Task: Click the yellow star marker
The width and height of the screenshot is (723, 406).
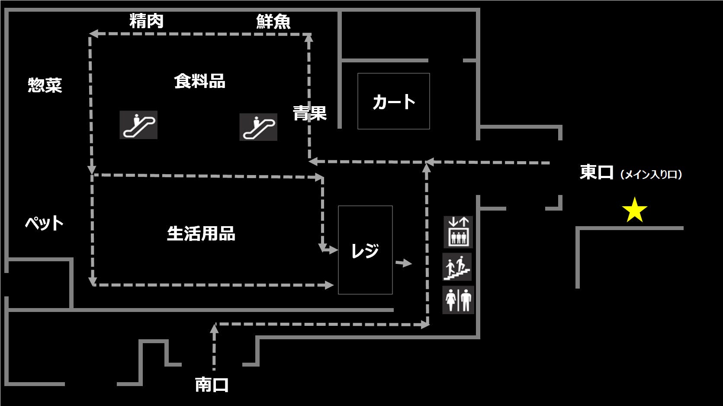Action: coord(634,210)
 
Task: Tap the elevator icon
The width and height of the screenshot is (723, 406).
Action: coord(458,232)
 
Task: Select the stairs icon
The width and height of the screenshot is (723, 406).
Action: coord(457,267)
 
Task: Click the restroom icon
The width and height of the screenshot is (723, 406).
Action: coord(458,300)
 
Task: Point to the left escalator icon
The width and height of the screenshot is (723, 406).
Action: coord(138,125)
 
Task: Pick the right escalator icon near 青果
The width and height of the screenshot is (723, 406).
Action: coord(258,127)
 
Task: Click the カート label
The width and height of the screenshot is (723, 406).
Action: coord(394,102)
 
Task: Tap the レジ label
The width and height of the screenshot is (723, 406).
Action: coord(365,250)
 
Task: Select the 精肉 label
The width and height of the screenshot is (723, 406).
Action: coord(146,21)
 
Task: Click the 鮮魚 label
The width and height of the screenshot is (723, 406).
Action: coord(273,21)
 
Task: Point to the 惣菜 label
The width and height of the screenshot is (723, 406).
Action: coord(45,85)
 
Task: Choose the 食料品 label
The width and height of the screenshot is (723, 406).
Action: coord(199,81)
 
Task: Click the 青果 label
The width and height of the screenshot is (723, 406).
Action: coord(309,113)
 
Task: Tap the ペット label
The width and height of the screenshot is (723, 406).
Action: coord(44,223)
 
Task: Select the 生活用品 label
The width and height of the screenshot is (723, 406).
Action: coord(201,234)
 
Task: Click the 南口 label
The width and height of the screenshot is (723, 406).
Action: coord(212,384)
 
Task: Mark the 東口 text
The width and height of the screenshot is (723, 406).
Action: coord(597,172)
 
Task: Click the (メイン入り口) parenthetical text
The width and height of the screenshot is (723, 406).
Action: coord(651,174)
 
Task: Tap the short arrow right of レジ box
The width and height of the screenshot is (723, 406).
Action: coord(404,263)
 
